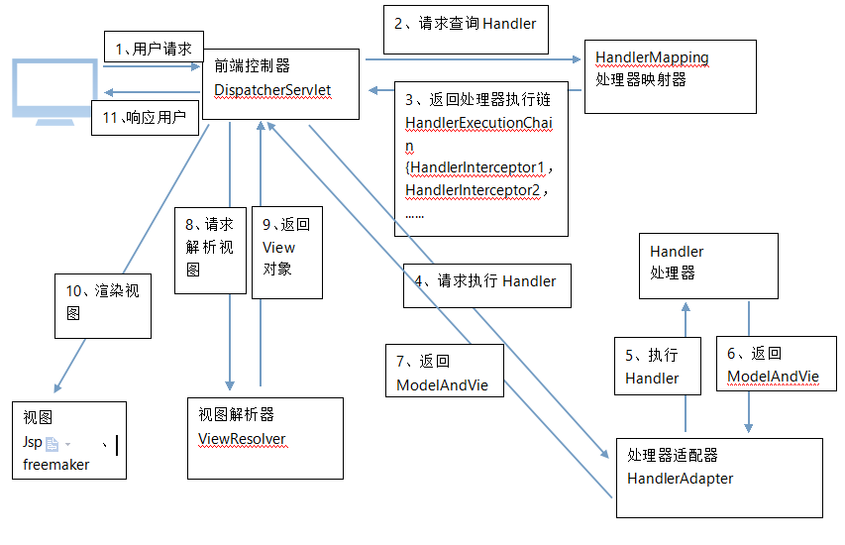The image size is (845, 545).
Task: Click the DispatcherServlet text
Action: pyautogui.click(x=272, y=89)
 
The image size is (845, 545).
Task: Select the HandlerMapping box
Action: pyautogui.click(x=670, y=76)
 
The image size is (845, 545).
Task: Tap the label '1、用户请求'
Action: pyautogui.click(x=154, y=48)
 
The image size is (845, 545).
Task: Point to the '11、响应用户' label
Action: pyautogui.click(x=146, y=117)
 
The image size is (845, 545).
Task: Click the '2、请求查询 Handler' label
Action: pyautogui.click(x=465, y=23)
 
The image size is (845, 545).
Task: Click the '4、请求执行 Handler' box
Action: pyautogui.click(x=487, y=281)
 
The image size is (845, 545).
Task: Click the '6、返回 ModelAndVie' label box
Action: pyautogui.click(x=773, y=366)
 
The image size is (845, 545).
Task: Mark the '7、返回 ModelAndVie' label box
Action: pyautogui.click(x=443, y=373)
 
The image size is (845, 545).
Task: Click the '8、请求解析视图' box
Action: pyautogui.click(x=210, y=248)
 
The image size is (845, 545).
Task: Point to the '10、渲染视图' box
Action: pyautogui.click(x=104, y=301)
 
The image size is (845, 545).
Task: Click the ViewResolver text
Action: pyautogui.click(x=242, y=438)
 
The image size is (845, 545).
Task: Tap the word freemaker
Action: pyautogui.click(x=55, y=464)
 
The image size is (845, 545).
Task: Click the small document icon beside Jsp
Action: pyautogui.click(x=53, y=444)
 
